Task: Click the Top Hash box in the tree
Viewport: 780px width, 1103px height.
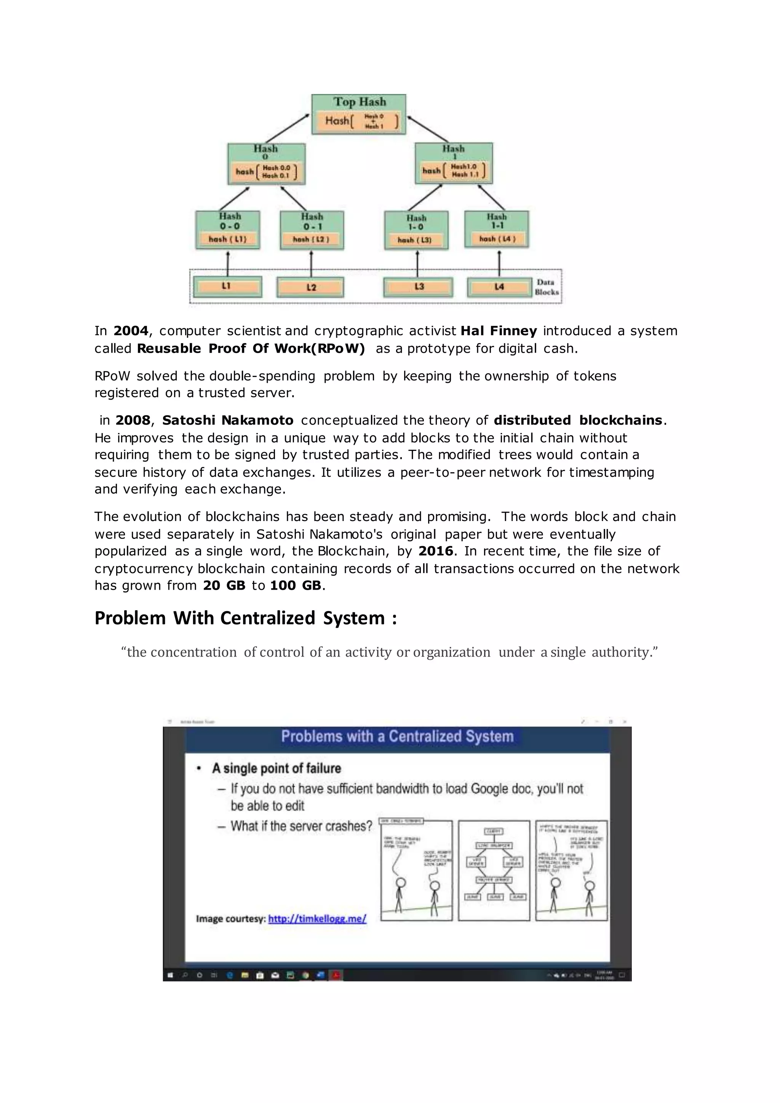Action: (x=358, y=114)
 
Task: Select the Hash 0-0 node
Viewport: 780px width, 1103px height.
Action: (x=228, y=230)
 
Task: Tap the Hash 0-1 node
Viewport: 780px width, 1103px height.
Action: (x=312, y=230)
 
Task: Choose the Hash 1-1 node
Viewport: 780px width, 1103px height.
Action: (x=497, y=230)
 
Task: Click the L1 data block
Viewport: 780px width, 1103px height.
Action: (x=227, y=286)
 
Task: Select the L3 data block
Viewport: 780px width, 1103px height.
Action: (x=418, y=287)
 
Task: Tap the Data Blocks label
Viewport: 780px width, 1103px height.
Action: (x=547, y=287)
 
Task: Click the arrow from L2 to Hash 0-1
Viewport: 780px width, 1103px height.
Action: (x=311, y=263)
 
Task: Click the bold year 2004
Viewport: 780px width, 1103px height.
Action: (x=131, y=331)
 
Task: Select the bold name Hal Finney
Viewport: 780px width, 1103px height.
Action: (x=499, y=331)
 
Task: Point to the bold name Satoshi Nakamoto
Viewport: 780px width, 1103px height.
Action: (x=228, y=420)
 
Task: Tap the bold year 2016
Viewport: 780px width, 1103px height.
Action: (x=436, y=551)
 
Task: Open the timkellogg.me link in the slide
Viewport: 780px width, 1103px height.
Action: (x=317, y=919)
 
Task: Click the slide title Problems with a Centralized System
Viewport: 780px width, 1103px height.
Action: (x=397, y=737)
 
